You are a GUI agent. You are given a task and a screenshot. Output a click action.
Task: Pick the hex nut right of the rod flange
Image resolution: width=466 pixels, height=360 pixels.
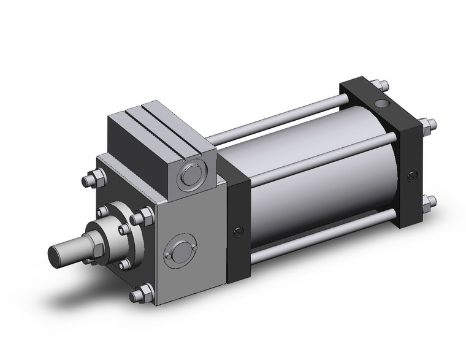pyautogui.click(x=146, y=216)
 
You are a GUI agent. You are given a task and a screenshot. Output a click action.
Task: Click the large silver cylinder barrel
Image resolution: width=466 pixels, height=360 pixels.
pyautogui.click(x=319, y=184)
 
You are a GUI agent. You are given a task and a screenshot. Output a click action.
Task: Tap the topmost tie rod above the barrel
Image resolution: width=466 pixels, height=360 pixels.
pyautogui.click(x=276, y=120)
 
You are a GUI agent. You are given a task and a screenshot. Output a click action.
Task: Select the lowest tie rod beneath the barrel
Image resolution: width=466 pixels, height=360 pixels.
pyautogui.click(x=319, y=241)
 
